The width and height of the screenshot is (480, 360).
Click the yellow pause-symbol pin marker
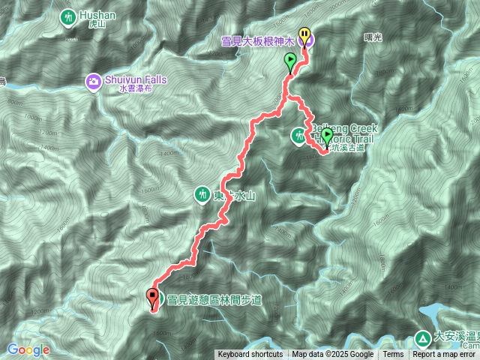(304, 34)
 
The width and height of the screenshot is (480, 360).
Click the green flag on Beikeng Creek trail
(327, 136)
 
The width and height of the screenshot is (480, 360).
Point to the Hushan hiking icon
(69, 16)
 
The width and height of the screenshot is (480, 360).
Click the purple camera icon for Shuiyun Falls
(93, 79)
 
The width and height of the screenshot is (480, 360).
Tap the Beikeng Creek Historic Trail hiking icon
(299, 135)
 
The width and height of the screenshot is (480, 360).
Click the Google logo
(28, 349)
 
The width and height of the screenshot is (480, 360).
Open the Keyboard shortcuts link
(250, 355)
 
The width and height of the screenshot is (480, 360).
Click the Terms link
(393, 355)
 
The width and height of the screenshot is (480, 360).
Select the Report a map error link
(444, 355)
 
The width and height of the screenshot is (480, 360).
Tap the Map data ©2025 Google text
(332, 355)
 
